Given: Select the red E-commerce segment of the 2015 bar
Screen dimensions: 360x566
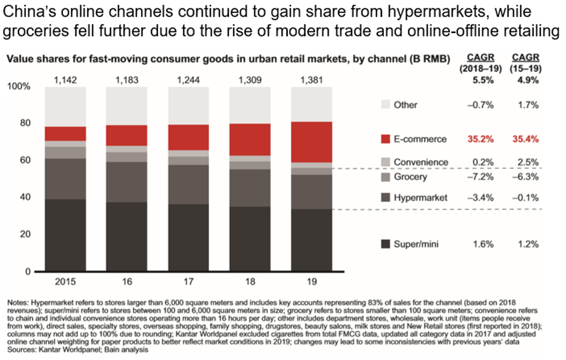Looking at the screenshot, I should click(66, 134).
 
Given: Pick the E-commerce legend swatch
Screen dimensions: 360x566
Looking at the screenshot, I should click(385, 139).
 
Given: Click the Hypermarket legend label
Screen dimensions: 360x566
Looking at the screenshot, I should click(420, 198).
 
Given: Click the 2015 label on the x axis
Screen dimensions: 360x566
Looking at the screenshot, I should click(66, 281).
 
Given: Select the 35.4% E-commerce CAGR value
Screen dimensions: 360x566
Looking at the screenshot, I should click(525, 139).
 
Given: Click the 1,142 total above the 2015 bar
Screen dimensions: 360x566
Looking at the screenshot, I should click(66, 80).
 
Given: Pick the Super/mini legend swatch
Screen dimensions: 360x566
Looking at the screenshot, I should click(385, 244).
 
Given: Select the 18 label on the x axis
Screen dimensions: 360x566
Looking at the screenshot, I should click(249, 281).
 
